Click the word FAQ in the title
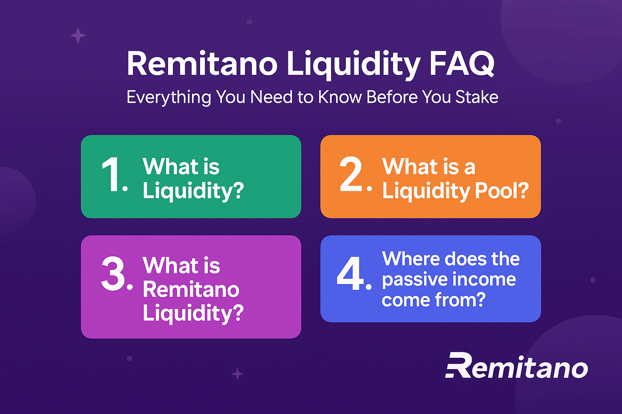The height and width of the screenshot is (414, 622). [462, 64]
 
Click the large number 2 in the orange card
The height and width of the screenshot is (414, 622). [351, 174]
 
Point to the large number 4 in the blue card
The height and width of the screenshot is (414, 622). [350, 274]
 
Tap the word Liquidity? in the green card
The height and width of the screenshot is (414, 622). [193, 191]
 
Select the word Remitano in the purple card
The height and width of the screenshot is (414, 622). [191, 289]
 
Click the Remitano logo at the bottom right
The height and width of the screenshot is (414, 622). [516, 365]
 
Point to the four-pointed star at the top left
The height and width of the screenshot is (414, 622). [78, 36]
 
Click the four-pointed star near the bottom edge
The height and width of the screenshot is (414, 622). [237, 374]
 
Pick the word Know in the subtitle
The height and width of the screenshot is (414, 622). [340, 97]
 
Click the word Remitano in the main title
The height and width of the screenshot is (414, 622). [202, 64]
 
